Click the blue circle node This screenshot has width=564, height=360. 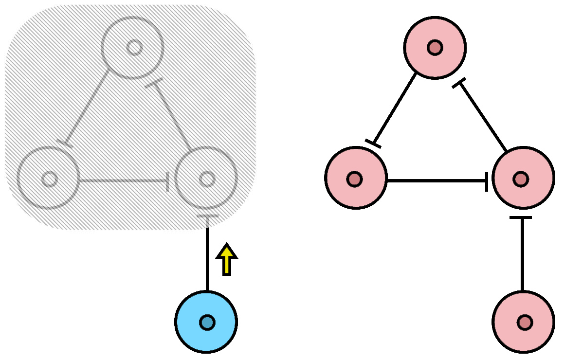(206, 322)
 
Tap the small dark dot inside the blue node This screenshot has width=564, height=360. (207, 322)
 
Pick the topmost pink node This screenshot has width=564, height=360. (435, 48)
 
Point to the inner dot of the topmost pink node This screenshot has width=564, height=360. (435, 48)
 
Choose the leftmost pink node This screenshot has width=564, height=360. (356, 178)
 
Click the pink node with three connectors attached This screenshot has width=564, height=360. (523, 178)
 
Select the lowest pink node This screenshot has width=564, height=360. (523, 322)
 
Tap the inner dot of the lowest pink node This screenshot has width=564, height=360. (525, 322)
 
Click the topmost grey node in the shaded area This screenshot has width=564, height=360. (132, 48)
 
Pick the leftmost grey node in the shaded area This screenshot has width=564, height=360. (48, 178)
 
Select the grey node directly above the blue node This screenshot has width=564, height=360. (206, 178)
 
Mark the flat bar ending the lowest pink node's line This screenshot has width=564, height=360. (521, 217)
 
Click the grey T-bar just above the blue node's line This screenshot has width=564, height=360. (207, 216)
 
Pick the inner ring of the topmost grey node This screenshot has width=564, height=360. (134, 48)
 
